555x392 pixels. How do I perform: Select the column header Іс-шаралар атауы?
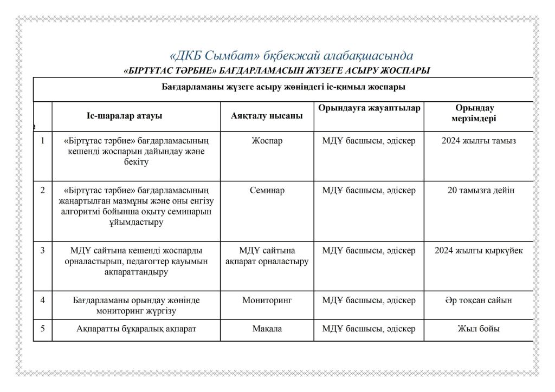[x=124, y=116]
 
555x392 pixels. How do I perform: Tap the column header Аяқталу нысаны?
[x=267, y=116]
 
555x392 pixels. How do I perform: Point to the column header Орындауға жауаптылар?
[x=369, y=108]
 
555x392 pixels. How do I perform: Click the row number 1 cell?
[x=42, y=141]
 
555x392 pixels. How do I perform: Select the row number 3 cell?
[x=42, y=251]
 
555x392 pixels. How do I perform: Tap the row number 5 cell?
[x=42, y=329]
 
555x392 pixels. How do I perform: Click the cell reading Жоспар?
[x=267, y=141]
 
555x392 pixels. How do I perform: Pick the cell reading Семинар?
[x=267, y=191]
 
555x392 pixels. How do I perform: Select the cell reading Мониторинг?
[x=267, y=300]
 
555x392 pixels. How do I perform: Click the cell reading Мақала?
[x=267, y=329]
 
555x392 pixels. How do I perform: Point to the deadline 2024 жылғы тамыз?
[x=479, y=141]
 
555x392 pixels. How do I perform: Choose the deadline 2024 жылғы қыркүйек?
[x=479, y=251]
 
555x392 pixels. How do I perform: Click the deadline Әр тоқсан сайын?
[x=479, y=300]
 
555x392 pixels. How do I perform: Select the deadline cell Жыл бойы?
[x=479, y=329]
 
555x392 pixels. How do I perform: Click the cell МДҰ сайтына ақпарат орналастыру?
[x=267, y=256]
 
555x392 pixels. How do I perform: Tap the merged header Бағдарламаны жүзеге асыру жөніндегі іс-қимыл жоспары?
[x=283, y=87]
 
